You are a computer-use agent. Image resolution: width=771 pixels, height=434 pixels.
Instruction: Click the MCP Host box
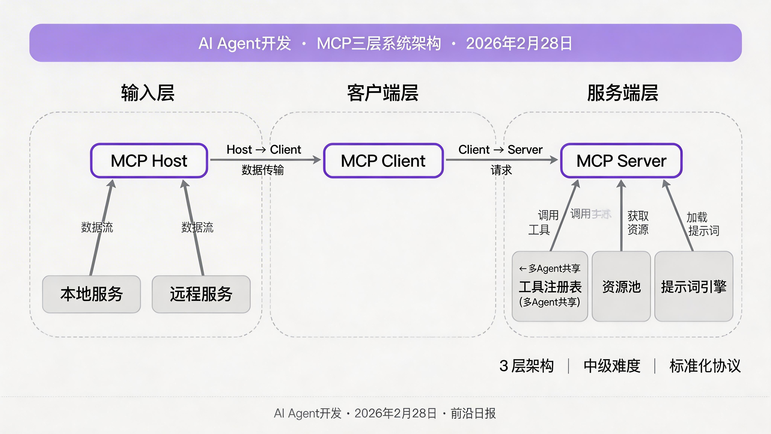pyautogui.click(x=149, y=160)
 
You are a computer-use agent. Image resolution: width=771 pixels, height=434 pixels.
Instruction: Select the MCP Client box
pyautogui.click(x=383, y=160)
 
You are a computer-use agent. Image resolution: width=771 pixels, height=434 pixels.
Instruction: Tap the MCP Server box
pyautogui.click(x=621, y=160)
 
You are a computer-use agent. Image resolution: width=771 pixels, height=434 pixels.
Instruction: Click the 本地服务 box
pyautogui.click(x=91, y=294)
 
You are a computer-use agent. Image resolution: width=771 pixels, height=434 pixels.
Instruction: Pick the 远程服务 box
pyautogui.click(x=201, y=294)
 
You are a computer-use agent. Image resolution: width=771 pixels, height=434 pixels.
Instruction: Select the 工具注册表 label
pyautogui.click(x=550, y=287)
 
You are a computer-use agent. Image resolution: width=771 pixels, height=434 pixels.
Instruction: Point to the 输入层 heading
pyautogui.click(x=148, y=93)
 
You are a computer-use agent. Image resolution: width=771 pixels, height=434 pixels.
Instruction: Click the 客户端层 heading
pyautogui.click(x=382, y=93)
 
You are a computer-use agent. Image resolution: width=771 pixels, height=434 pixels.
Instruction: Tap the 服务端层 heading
pyautogui.click(x=622, y=93)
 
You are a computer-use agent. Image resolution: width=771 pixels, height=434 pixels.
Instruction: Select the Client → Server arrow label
pyautogui.click(x=501, y=149)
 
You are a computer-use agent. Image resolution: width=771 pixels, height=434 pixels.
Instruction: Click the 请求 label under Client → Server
pyautogui.click(x=501, y=170)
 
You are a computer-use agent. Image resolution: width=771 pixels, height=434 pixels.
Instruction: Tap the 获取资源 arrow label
pyautogui.click(x=638, y=222)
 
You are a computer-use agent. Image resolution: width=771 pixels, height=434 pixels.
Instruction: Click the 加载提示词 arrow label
pyautogui.click(x=702, y=224)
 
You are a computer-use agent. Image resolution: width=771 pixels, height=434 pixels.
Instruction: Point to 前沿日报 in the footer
pyautogui.click(x=473, y=413)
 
